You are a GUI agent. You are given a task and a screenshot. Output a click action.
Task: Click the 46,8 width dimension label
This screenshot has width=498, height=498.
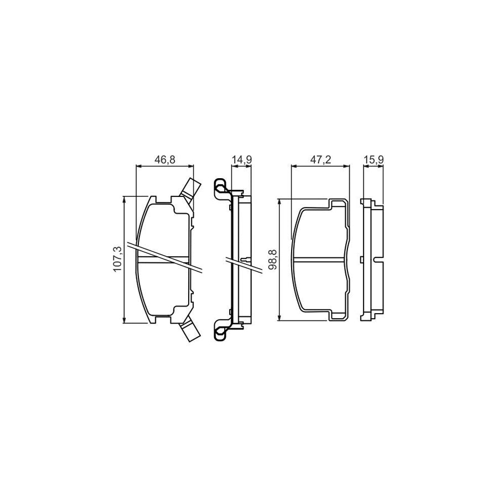(165, 160)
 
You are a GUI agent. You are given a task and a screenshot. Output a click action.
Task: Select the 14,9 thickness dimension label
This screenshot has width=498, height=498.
(242, 160)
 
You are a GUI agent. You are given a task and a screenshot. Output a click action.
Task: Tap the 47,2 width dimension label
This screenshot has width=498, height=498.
(320, 160)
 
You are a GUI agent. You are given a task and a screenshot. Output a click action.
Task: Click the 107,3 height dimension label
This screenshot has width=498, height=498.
(117, 260)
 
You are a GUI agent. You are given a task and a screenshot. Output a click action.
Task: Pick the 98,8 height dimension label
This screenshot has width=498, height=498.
(272, 260)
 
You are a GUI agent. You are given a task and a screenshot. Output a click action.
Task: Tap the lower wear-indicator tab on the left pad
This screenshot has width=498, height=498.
(190, 332)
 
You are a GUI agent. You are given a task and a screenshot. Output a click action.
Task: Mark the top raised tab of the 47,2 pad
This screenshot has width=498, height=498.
(339, 204)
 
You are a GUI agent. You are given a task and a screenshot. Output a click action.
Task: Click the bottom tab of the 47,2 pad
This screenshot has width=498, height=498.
(339, 315)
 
